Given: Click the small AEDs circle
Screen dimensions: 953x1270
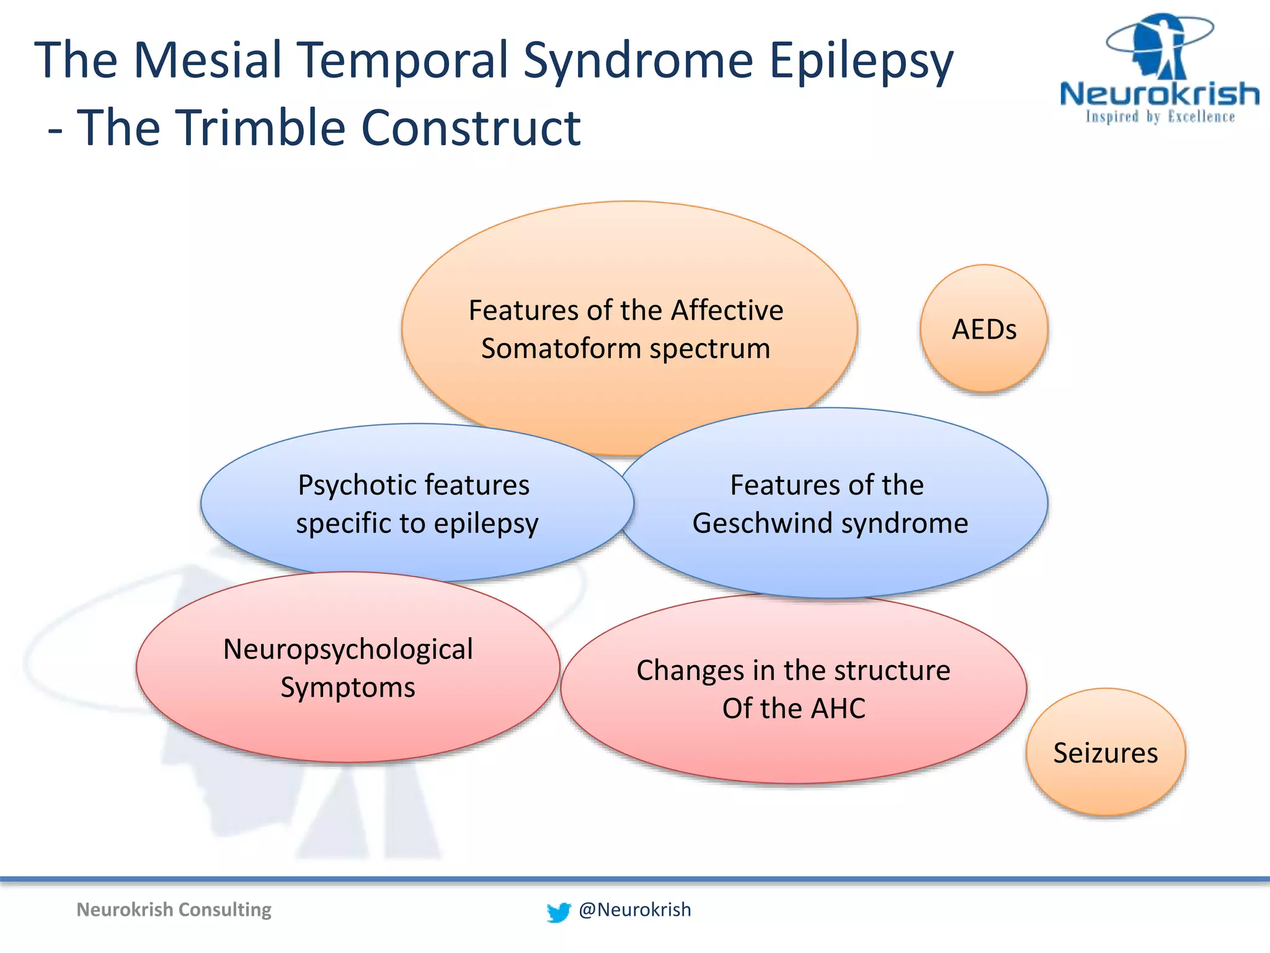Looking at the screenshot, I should coord(984,329).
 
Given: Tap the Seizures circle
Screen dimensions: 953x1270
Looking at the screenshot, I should coord(1106,753).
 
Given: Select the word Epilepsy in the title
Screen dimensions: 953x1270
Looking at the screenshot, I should coord(860,61).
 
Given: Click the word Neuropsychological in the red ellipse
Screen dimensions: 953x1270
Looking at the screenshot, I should coord(348,650).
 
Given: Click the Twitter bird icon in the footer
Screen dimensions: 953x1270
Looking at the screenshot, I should coord(558,912).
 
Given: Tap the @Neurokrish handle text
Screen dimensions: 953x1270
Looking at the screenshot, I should coord(634,910).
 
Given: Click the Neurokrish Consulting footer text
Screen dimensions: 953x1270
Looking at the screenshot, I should coord(174,910).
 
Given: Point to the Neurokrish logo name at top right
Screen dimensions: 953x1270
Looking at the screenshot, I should coord(1159,94).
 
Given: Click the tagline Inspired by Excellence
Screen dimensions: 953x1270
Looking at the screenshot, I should coord(1160,117).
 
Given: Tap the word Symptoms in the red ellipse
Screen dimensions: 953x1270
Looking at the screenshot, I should coord(348,688).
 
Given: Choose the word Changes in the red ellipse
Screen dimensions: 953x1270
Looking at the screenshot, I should coord(690,671).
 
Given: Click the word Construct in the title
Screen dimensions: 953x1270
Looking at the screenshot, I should coord(471,128).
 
